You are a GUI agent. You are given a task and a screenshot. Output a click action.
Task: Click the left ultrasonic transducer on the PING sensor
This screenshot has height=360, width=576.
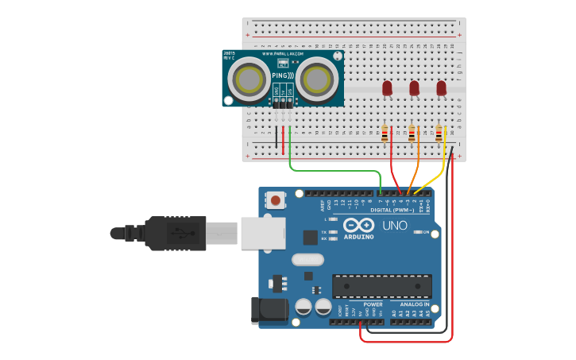(249, 79)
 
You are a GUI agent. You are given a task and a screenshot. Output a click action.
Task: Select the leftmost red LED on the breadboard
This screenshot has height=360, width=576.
(387, 88)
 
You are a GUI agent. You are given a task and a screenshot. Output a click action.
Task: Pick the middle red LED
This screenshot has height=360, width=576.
(414, 88)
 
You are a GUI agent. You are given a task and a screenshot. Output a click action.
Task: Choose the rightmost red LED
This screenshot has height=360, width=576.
(441, 88)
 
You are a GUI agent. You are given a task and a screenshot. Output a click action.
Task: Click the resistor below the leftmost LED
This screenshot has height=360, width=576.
(385, 134)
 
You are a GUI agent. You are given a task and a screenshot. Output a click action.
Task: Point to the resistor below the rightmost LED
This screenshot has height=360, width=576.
(439, 134)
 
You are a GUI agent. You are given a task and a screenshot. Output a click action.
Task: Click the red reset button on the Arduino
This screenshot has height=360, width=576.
(275, 200)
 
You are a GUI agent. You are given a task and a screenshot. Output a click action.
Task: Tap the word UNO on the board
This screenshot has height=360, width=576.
(395, 226)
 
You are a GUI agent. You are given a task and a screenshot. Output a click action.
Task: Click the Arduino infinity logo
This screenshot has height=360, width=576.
(358, 225)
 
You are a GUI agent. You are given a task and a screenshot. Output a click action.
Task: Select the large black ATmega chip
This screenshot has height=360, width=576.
(382, 286)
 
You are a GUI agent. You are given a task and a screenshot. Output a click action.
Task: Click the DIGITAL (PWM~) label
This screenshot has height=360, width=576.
(392, 210)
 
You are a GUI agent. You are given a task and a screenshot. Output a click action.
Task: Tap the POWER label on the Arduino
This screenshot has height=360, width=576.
(373, 304)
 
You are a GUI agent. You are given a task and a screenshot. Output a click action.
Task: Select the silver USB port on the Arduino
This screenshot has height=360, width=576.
(262, 234)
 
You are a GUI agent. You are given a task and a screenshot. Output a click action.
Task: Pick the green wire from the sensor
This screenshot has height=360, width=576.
(334, 170)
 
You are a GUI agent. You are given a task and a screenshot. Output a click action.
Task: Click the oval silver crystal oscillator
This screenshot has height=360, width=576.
(307, 259)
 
